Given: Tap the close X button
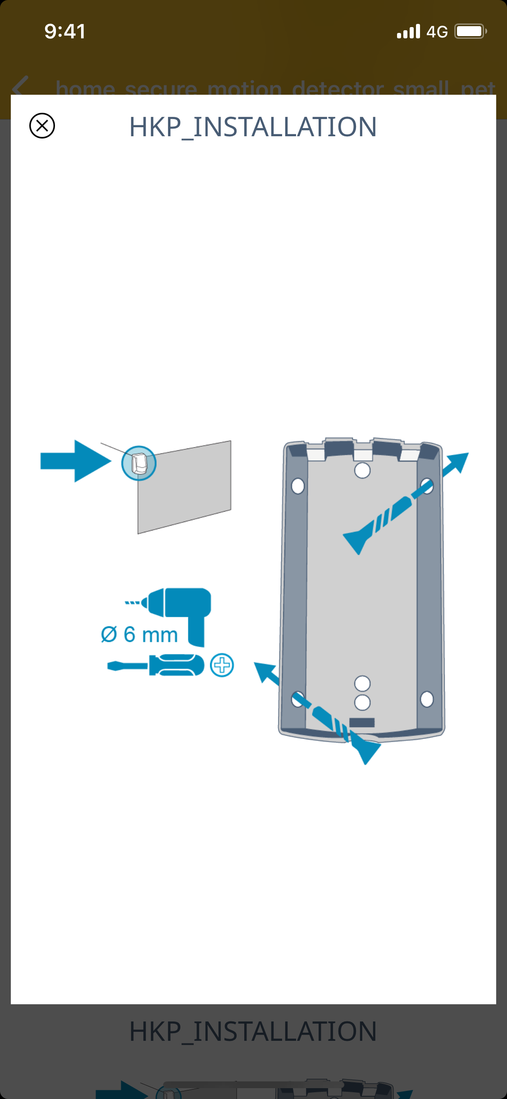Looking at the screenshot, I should tap(42, 125).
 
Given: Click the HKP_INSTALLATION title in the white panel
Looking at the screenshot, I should tap(253, 127).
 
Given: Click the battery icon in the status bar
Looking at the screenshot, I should tap(470, 31).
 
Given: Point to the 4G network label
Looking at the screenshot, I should tap(437, 32).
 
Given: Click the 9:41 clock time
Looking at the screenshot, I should tap(65, 31).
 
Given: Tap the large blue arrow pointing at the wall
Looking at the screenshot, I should tap(76, 461).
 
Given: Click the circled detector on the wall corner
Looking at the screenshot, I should tap(139, 463).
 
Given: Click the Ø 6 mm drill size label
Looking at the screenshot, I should tap(139, 634).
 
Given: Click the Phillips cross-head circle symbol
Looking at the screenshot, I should tap(222, 665).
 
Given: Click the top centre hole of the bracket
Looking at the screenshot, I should tap(362, 470).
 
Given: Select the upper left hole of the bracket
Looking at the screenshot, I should tap(297, 486).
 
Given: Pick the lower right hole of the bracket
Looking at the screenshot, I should tap(426, 699).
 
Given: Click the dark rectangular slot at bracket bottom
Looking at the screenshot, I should tap(361, 722).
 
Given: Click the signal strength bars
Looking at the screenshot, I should tap(408, 32).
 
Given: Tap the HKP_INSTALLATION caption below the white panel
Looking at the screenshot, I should tap(253, 1031).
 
